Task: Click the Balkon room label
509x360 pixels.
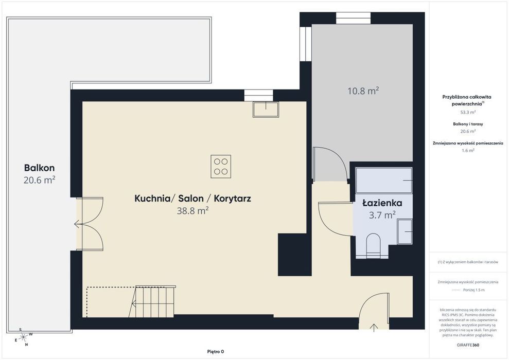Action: [39, 168]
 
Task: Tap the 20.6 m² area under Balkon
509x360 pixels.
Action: [39, 179]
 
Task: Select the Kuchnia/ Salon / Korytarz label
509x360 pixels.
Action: [192, 199]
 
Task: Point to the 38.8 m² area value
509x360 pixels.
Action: [192, 211]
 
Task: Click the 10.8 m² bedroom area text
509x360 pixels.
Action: [363, 91]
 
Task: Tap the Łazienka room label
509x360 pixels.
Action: [382, 203]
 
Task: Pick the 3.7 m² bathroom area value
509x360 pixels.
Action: [382, 214]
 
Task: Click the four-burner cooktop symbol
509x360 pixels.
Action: [221, 167]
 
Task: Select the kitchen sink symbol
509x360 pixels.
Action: [266, 110]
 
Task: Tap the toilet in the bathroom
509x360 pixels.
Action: [373, 245]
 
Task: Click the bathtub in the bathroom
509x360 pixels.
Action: [384, 181]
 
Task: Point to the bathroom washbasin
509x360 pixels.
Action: [405, 231]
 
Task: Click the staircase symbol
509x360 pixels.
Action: [152, 301]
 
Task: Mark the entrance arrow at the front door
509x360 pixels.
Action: [374, 328]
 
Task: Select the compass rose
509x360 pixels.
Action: [23, 337]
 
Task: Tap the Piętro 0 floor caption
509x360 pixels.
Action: [216, 352]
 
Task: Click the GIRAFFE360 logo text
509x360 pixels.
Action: [468, 345]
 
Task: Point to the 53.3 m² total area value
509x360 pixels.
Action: [468, 112]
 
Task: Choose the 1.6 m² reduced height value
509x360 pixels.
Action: [468, 151]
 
